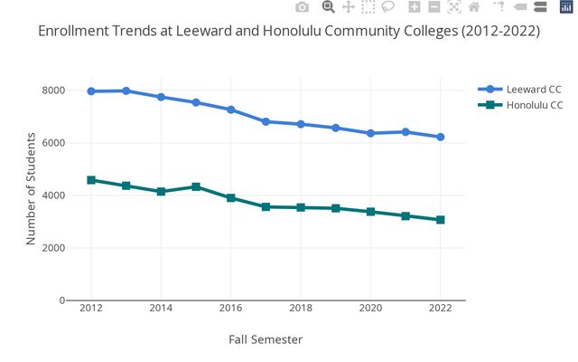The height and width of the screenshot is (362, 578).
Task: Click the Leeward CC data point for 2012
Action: pyautogui.click(x=91, y=91)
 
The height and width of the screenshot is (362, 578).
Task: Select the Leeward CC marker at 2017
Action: pyautogui.click(x=266, y=121)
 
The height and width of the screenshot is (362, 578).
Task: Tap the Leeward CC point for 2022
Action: pyautogui.click(x=441, y=137)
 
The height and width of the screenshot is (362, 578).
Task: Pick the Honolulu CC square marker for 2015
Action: pyautogui.click(x=196, y=186)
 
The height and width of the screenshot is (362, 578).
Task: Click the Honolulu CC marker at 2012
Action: pyautogui.click(x=91, y=180)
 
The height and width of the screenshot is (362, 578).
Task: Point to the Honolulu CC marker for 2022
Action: pyautogui.click(x=441, y=220)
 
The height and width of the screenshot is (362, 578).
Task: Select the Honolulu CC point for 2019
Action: pyautogui.click(x=336, y=208)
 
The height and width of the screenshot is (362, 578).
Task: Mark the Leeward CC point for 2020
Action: pyautogui.click(x=370, y=133)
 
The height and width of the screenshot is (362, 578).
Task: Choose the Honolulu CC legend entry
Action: pyautogui.click(x=528, y=106)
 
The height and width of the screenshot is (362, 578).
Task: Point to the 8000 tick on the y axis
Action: pyautogui.click(x=51, y=90)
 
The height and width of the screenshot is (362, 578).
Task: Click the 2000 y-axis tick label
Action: pyautogui.click(x=51, y=248)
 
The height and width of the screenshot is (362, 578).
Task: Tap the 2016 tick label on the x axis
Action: pyautogui.click(x=230, y=309)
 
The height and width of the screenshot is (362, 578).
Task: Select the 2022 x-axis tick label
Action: pyautogui.click(x=441, y=309)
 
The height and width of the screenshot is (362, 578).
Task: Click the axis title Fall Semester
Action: pyautogui.click(x=266, y=340)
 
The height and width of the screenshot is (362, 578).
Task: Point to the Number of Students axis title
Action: pyautogui.click(x=31, y=189)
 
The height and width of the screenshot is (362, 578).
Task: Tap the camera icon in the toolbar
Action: pyautogui.click(x=303, y=7)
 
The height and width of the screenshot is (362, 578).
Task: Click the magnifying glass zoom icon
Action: pyautogui.click(x=329, y=7)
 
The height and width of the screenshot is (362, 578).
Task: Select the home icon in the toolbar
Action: pyautogui.click(x=473, y=7)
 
